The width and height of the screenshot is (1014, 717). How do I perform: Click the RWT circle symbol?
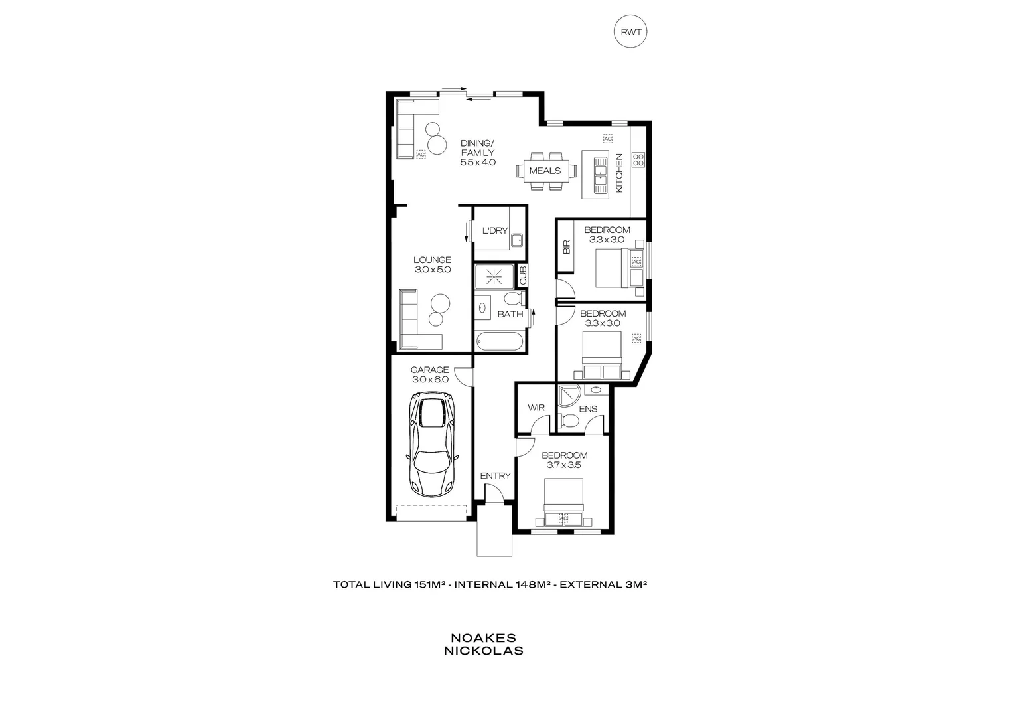click(x=630, y=33)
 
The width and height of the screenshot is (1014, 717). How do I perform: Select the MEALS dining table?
click(x=545, y=171)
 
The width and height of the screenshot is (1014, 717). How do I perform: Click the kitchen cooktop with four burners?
click(x=638, y=159)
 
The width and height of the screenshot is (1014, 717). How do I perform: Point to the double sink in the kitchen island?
click(x=601, y=173)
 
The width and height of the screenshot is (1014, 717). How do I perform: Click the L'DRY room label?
click(x=494, y=231)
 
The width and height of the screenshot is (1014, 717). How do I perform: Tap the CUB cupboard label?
click(x=522, y=276)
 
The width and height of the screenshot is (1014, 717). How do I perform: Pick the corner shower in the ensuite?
click(x=568, y=396)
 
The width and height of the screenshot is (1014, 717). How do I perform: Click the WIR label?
click(x=536, y=408)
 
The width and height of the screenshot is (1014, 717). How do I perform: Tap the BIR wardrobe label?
click(x=566, y=247)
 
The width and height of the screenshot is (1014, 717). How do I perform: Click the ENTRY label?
click(x=495, y=476)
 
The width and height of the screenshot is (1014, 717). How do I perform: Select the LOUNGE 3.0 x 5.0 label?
click(x=432, y=265)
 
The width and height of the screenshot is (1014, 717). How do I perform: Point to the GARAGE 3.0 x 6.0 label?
click(x=429, y=375)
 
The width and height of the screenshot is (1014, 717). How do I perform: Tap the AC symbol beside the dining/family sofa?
click(x=420, y=154)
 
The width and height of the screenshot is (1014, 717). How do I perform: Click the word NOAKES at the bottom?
click(x=483, y=638)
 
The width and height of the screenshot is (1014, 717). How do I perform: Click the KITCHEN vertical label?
click(x=619, y=173)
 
